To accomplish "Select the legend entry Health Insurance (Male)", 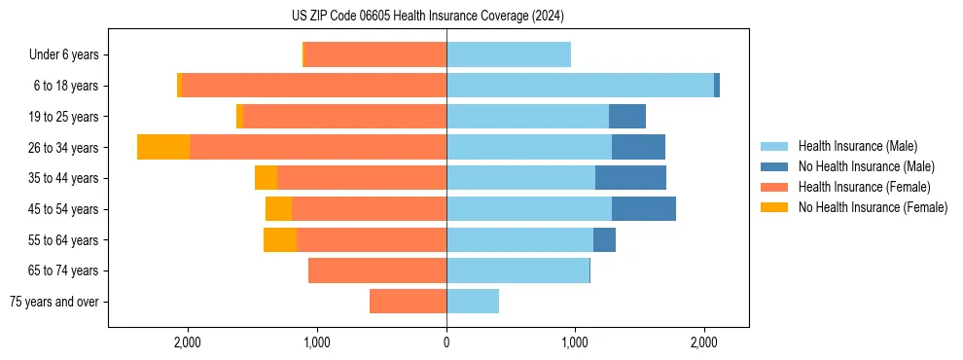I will click(x=857, y=147).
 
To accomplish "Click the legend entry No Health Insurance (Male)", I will click(x=866, y=167).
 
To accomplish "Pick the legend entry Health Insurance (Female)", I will click(x=864, y=187).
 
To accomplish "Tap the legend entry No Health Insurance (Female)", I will click(x=872, y=207).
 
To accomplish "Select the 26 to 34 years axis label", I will click(x=64, y=148).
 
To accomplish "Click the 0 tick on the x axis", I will click(x=446, y=342).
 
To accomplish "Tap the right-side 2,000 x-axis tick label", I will click(x=704, y=342).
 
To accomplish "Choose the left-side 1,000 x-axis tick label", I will click(x=317, y=342).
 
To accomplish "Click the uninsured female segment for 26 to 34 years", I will click(x=163, y=147).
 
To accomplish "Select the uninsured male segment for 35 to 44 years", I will click(x=630, y=178).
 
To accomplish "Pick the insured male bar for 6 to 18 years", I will click(x=580, y=86).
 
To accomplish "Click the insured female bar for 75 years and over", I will click(x=408, y=302).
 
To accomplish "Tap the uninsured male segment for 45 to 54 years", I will click(x=643, y=209).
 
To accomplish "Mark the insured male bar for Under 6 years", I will click(x=509, y=54).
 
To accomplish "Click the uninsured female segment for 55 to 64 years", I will click(x=280, y=239).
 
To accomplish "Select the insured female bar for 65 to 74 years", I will click(x=377, y=270).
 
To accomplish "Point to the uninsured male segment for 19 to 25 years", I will click(x=627, y=117).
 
